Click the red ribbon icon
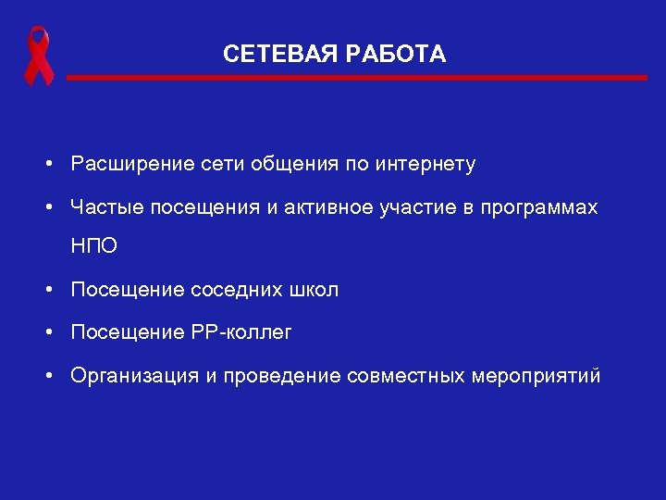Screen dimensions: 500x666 [x=38, y=56]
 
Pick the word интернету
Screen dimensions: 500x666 [x=425, y=165]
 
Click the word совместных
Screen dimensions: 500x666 [x=407, y=377]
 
